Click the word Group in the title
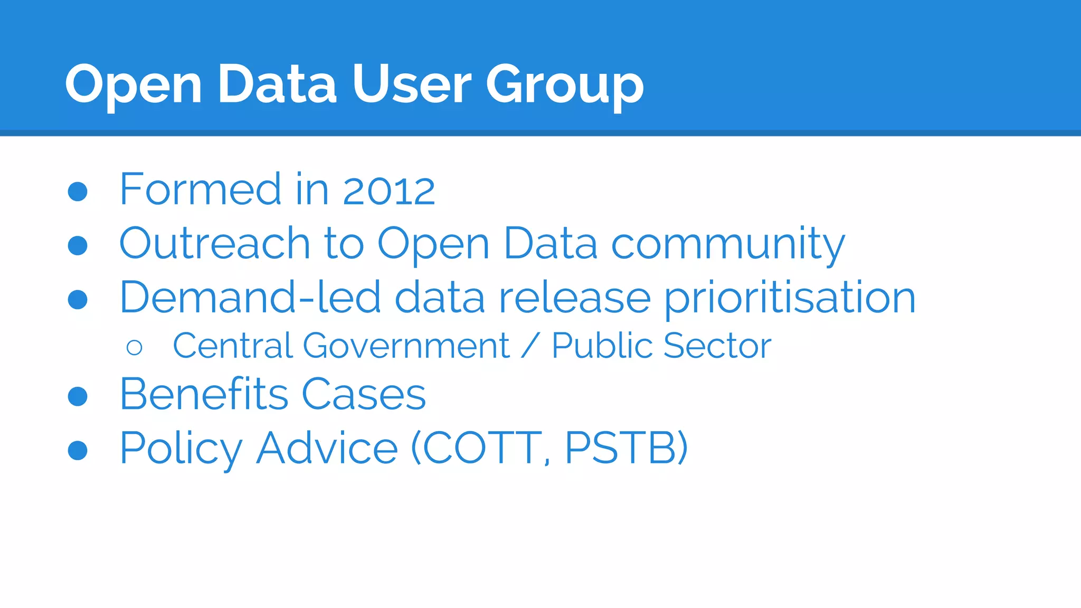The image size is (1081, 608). (x=564, y=84)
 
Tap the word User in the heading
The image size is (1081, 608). (x=411, y=84)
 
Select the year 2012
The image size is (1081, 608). (x=389, y=190)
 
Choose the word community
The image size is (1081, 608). (x=728, y=244)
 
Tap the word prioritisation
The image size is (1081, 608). (x=790, y=298)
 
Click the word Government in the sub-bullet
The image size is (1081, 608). (x=406, y=346)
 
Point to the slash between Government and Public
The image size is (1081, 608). (x=530, y=346)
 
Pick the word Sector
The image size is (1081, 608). (x=717, y=346)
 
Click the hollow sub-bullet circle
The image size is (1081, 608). (x=135, y=347)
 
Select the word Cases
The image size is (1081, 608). (x=364, y=394)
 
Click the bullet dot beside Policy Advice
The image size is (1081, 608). (x=78, y=450)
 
